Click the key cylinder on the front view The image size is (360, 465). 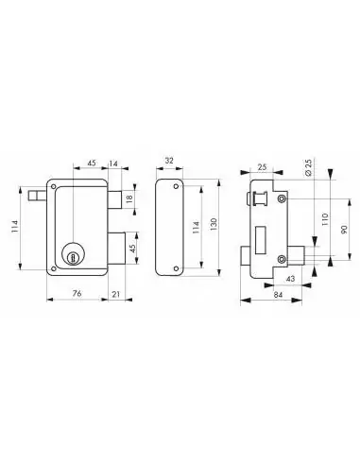74,253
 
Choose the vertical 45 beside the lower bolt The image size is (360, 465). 131,250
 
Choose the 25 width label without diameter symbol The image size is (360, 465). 261,166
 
